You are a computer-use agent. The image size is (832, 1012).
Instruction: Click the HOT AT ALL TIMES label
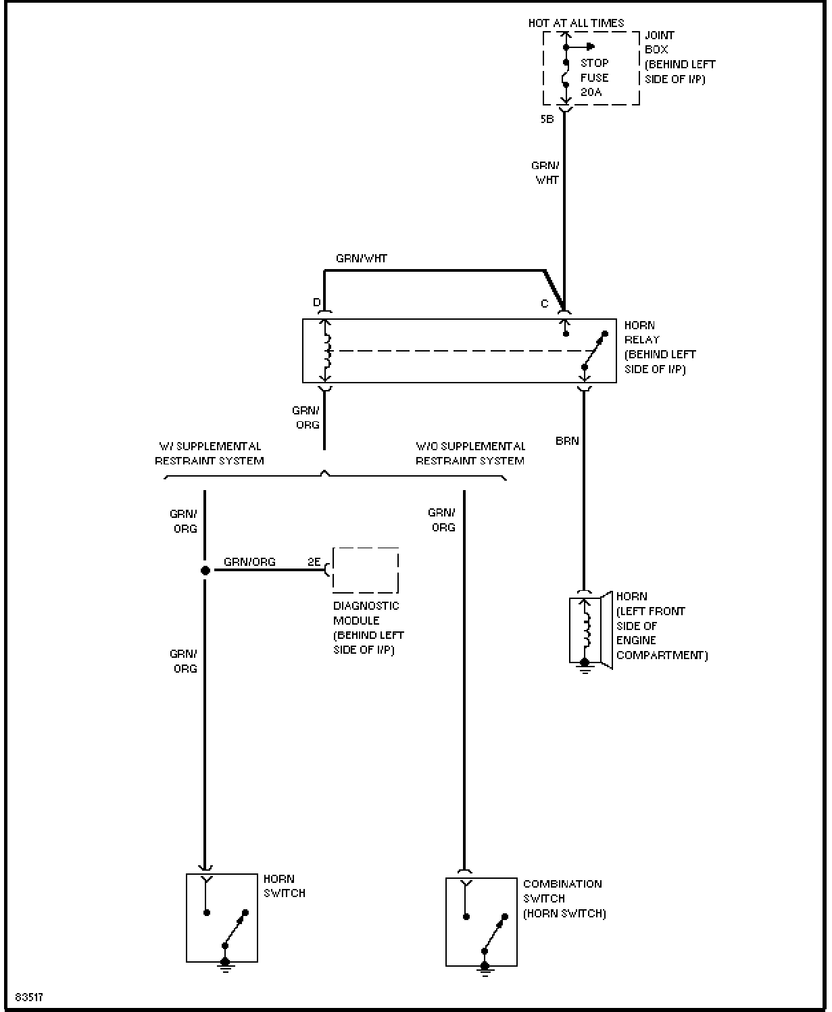576,23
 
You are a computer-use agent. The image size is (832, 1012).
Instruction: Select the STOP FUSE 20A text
595,77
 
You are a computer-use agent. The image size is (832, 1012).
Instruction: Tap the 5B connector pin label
547,119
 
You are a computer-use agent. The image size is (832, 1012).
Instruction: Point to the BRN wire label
567,441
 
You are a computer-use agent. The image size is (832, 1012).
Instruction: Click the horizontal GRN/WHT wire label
362,258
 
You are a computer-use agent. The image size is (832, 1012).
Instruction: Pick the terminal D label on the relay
317,302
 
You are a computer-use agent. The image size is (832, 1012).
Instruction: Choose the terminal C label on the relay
544,304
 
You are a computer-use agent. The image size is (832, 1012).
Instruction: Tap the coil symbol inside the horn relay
327,351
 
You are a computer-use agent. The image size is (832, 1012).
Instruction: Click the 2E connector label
314,562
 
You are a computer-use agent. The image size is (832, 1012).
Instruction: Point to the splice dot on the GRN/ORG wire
205,571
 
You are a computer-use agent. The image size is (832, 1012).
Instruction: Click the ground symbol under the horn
585,667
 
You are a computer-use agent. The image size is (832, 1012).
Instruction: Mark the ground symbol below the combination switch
485,969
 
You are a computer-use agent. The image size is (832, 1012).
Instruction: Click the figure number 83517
29,997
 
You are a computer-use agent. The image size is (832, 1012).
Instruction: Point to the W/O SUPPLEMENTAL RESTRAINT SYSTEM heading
470,454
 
